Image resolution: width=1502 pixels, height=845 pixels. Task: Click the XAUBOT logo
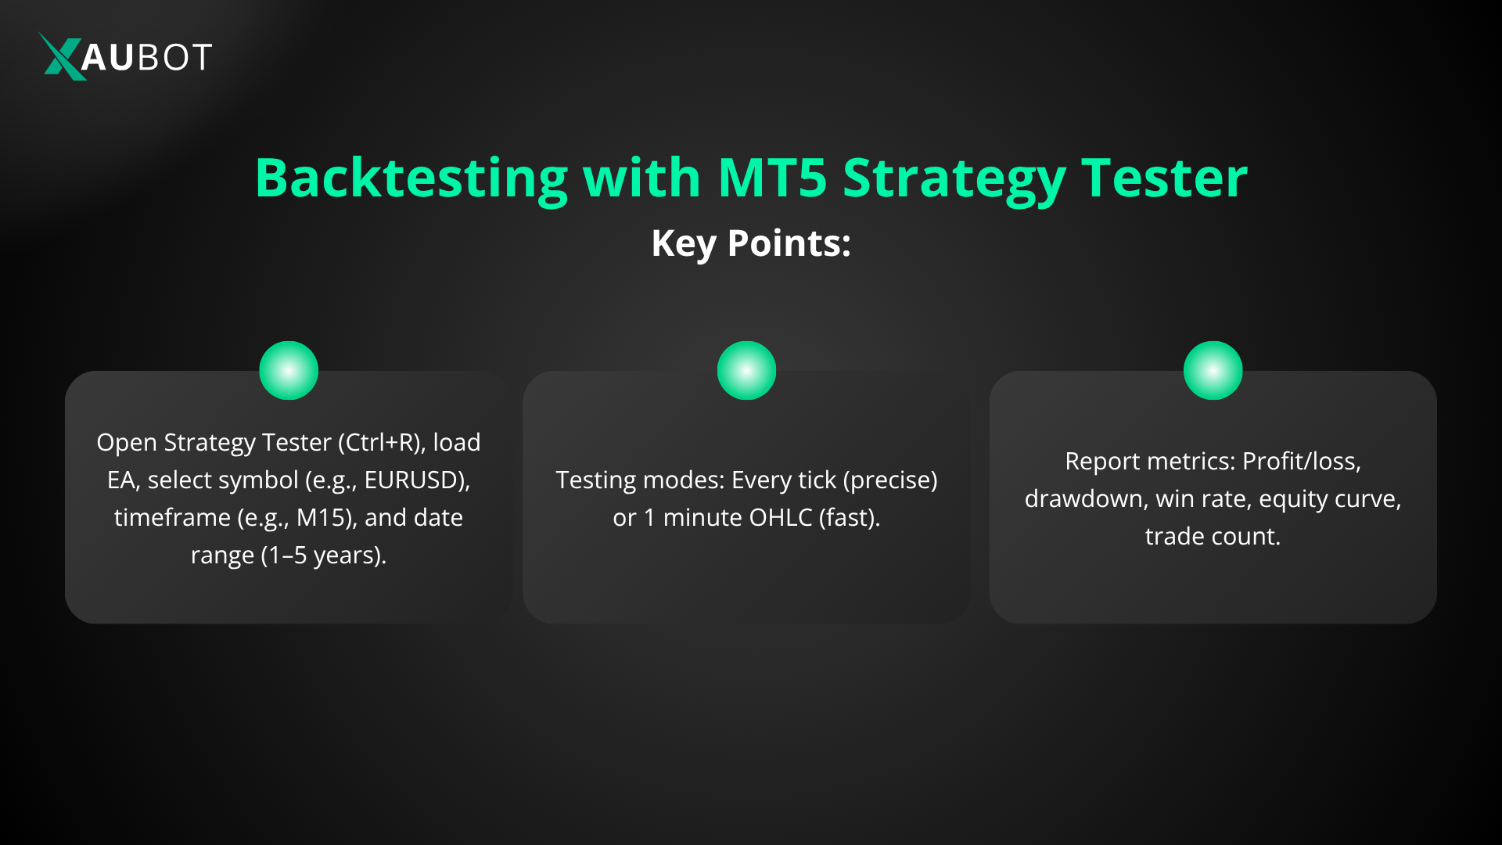click(x=125, y=56)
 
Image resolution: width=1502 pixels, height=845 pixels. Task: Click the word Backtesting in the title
click(x=411, y=178)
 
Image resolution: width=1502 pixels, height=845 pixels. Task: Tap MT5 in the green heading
click(x=771, y=178)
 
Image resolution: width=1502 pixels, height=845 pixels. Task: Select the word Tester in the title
click(x=1164, y=178)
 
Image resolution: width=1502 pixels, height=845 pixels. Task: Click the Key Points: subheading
click(x=751, y=243)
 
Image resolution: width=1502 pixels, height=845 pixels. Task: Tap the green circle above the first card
click(x=289, y=370)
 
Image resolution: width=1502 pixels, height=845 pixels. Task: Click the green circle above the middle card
click(x=746, y=370)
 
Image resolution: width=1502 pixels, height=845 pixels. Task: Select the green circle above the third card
click(x=1213, y=370)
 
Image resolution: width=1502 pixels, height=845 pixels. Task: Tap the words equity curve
click(x=1328, y=499)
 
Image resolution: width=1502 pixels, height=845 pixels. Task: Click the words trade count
click(x=1212, y=537)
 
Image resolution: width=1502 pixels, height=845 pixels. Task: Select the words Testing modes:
click(x=639, y=480)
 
